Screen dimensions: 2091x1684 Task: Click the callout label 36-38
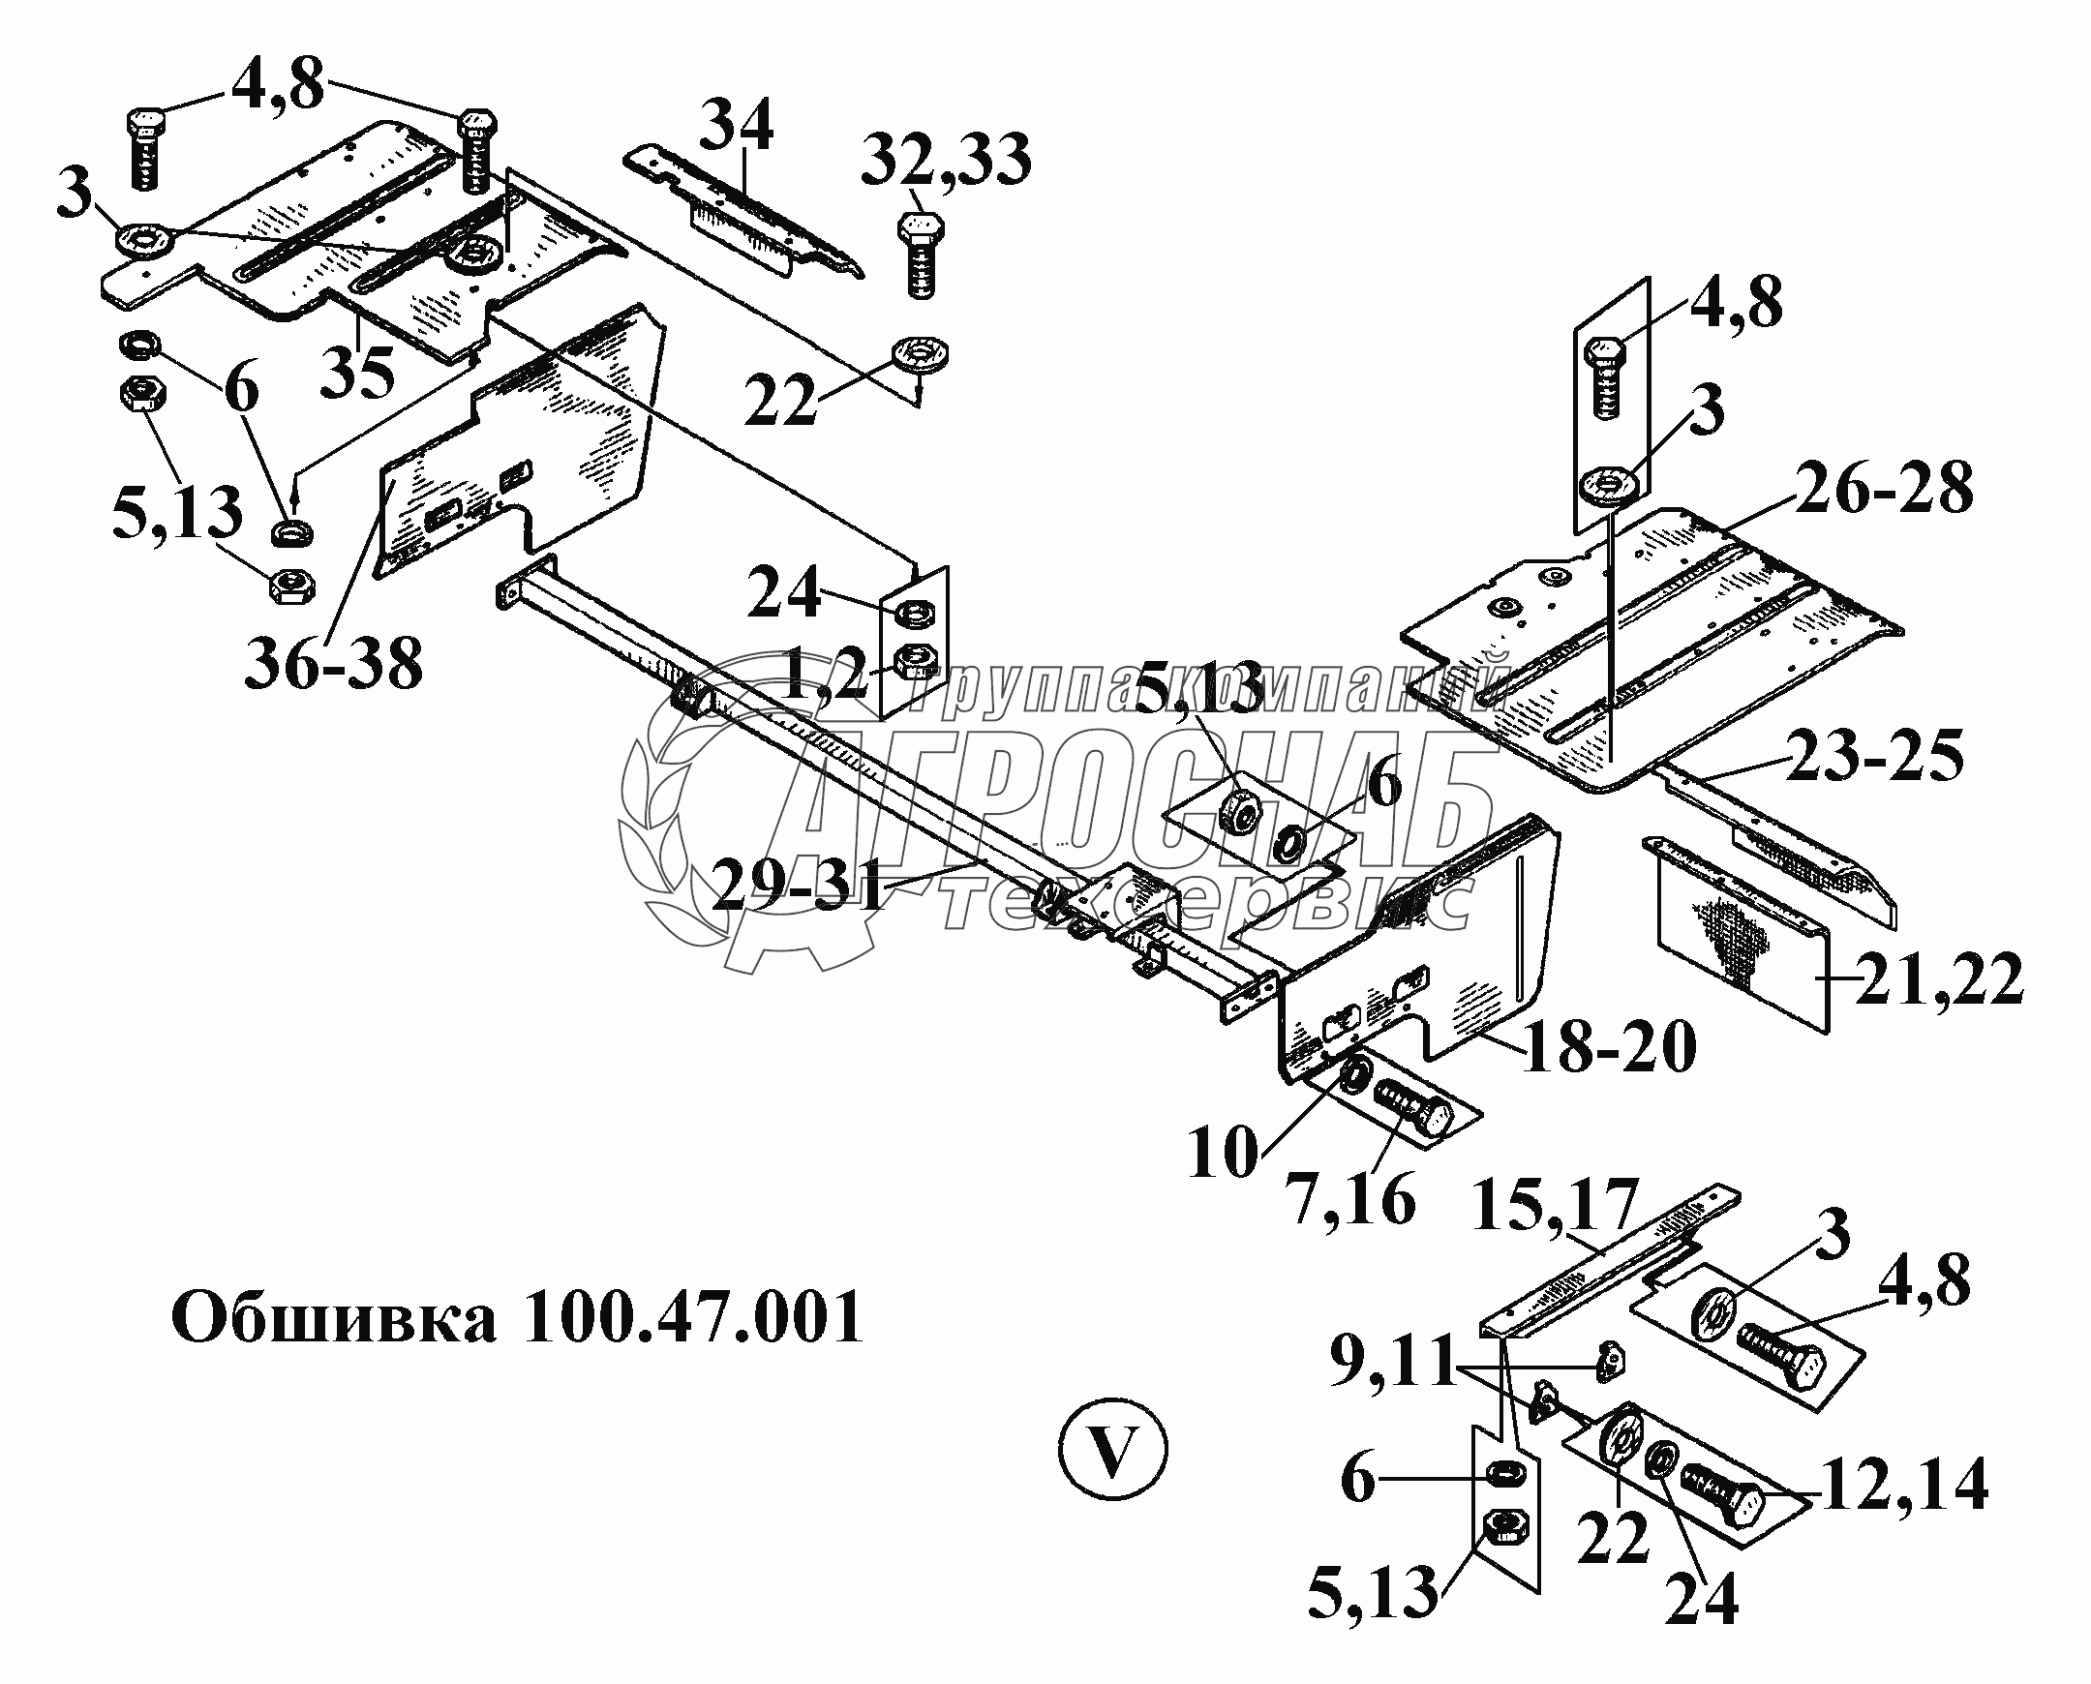333,664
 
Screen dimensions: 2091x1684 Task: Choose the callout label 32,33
946,160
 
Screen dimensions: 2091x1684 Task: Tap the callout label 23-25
1873,756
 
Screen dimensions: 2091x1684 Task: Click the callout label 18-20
1609,1046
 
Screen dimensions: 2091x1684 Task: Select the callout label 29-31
799,886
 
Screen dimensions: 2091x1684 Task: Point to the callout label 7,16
1350,1200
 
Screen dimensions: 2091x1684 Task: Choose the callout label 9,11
1392,1364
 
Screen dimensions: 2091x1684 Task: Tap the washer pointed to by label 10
1353,1073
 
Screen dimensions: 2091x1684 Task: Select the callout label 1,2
823,677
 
